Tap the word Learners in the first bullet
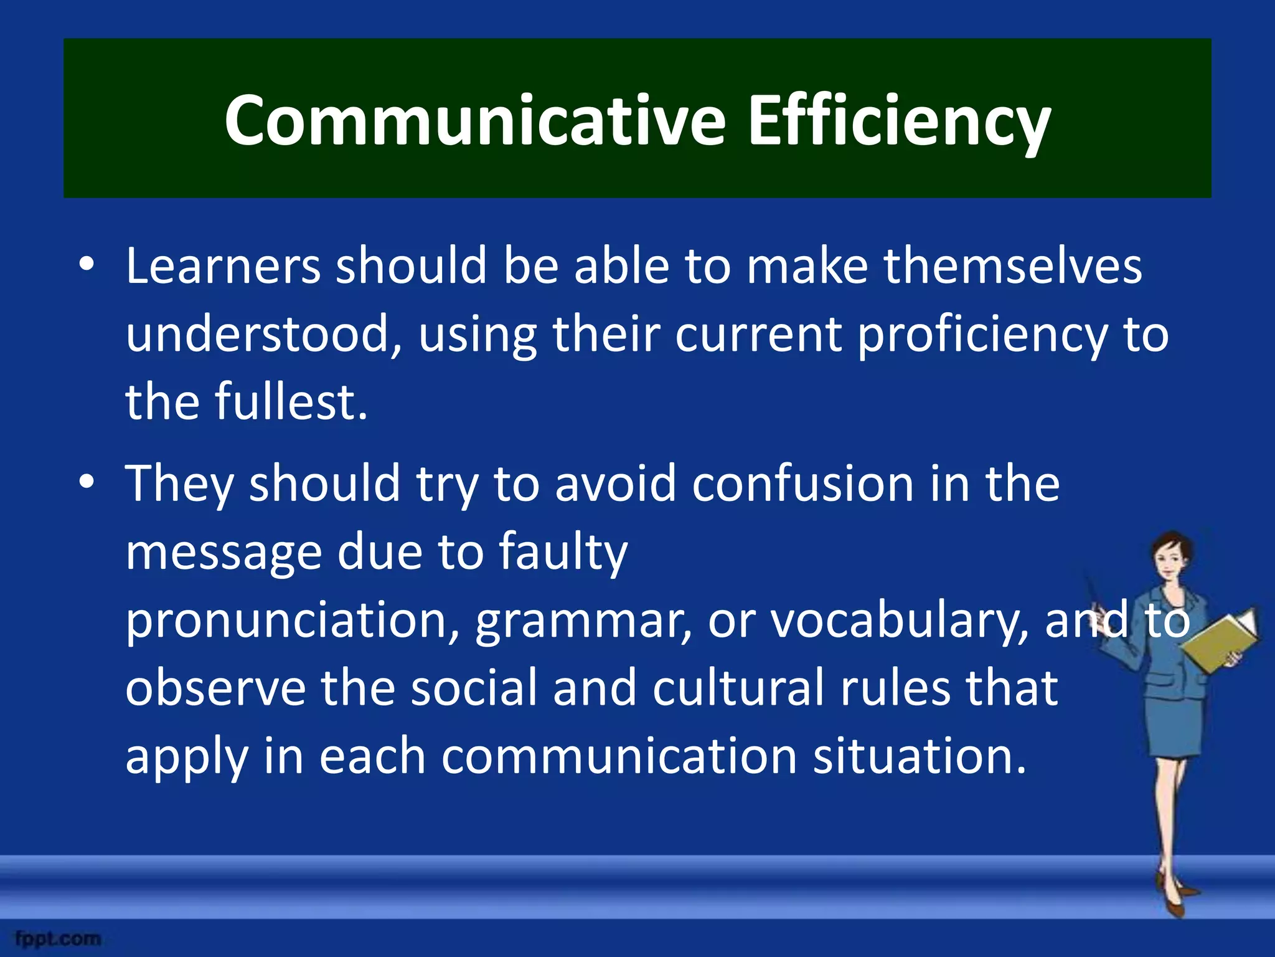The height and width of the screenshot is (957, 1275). (223, 266)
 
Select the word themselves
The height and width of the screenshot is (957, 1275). (1013, 266)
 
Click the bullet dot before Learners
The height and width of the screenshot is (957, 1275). (87, 264)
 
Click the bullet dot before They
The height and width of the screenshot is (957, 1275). (87, 482)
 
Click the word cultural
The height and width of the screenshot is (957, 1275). (738, 688)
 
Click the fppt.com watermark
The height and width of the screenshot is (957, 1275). (58, 938)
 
